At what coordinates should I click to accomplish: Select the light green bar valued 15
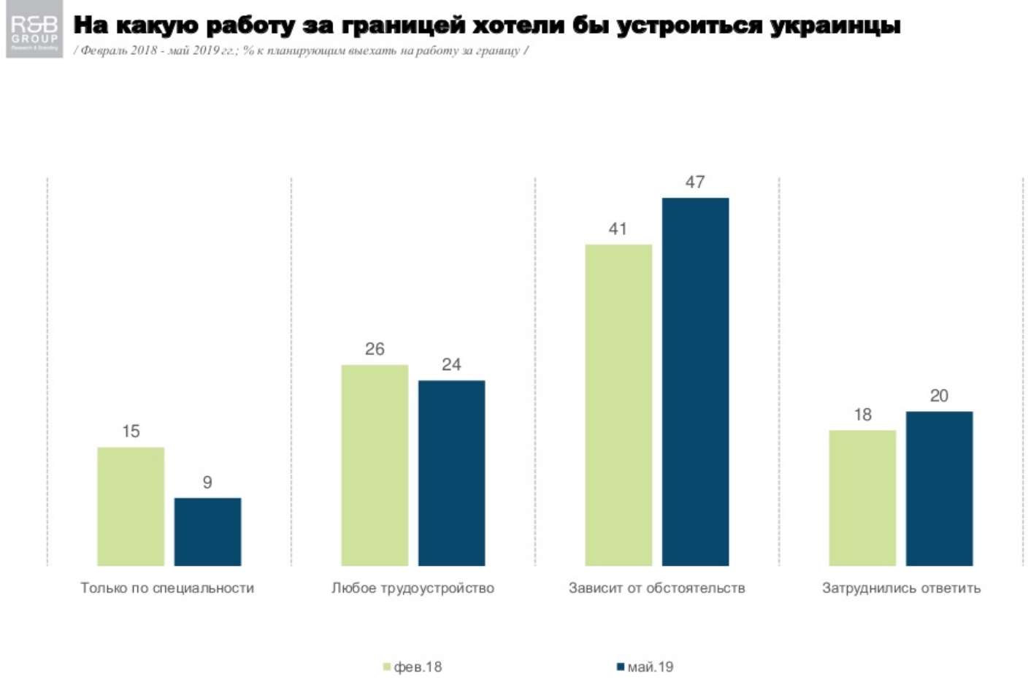[131, 506]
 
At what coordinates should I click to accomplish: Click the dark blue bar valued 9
[207, 531]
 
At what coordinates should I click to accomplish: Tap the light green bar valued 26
[375, 465]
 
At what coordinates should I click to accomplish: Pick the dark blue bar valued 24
[451, 472]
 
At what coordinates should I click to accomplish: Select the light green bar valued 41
[618, 404]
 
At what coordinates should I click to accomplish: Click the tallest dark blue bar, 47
[695, 381]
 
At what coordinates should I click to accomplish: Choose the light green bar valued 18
[862, 498]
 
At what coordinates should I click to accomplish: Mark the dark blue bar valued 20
[939, 488]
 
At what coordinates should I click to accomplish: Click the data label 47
[695, 182]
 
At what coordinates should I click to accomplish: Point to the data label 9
[207, 483]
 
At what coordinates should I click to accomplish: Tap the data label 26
[375, 349]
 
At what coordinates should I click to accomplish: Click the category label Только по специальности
[167, 588]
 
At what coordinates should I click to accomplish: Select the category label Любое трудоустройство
[413, 588]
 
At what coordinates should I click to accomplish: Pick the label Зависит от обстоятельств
[656, 588]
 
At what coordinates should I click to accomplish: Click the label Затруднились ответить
[901, 588]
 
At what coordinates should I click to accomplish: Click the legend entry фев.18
[413, 667]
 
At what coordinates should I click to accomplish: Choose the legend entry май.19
[645, 667]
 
